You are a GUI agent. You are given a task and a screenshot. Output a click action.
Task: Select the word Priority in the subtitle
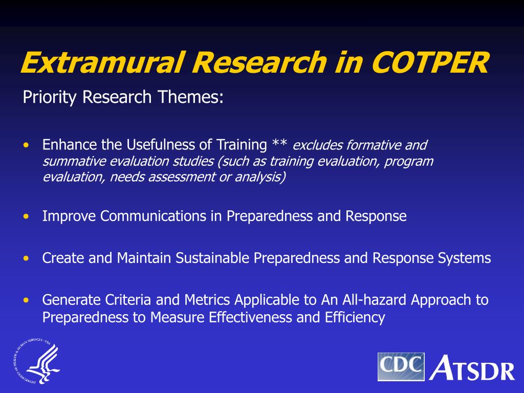[51, 97]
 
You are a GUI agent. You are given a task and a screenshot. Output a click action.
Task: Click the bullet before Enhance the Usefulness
[26, 145]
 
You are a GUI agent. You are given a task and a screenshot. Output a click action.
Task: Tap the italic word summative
[74, 161]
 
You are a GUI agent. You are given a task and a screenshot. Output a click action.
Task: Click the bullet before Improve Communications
[26, 216]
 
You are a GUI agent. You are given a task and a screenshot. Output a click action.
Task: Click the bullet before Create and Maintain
[26, 258]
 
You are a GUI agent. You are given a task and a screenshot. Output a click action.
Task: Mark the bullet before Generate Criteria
[26, 300]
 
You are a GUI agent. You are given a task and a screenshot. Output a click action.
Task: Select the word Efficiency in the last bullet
[355, 318]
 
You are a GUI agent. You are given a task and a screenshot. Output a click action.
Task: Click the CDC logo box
[401, 366]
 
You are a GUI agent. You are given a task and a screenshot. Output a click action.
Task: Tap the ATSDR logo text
[472, 367]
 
